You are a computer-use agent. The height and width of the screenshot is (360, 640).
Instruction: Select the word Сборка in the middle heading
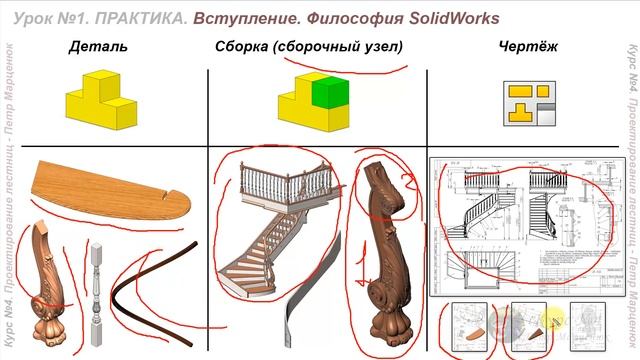pyautogui.click(x=244, y=47)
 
